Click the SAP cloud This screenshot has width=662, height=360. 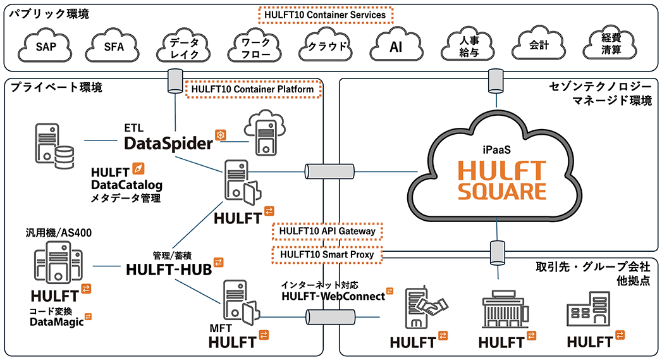[44, 46]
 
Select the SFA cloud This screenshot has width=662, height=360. [114, 46]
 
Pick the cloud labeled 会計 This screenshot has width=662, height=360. [539, 46]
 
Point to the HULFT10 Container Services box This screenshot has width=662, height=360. [326, 14]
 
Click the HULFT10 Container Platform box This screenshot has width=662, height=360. [253, 89]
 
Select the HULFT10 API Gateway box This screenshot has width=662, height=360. [328, 232]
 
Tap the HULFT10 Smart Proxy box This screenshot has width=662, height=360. [328, 254]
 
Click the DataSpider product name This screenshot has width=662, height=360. [168, 144]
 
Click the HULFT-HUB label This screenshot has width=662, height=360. [169, 269]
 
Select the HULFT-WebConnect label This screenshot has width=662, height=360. [333, 296]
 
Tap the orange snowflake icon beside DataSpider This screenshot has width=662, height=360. [221, 135]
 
